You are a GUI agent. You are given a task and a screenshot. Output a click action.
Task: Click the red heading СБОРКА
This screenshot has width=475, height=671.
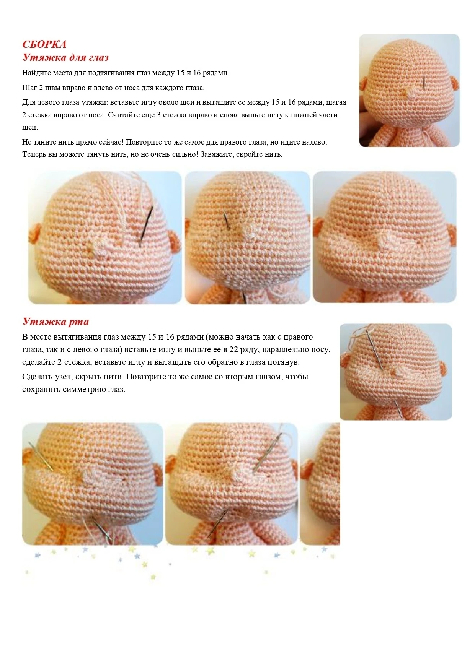coord(44,44)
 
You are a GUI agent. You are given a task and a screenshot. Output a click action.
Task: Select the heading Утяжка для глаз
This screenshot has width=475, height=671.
coord(65,57)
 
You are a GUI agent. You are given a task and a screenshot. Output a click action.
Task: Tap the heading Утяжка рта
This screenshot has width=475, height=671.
coord(55,322)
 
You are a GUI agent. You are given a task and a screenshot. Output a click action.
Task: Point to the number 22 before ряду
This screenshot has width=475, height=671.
coord(233,349)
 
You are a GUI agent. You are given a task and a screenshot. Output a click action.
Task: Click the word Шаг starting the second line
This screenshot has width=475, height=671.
coord(29,88)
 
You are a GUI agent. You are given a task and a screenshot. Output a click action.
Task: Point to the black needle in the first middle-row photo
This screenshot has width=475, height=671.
coord(146,225)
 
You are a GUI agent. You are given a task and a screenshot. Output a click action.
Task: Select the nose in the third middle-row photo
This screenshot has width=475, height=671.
coord(387,242)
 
